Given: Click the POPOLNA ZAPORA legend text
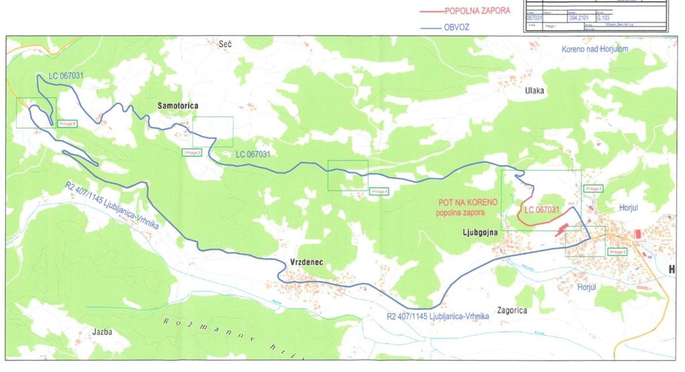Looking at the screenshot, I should point(477,11).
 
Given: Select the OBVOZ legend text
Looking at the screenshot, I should point(457,28).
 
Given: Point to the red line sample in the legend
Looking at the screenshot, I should point(431,11).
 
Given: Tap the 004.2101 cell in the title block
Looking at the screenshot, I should point(579,19).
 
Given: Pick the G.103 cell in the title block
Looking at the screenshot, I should point(603,19).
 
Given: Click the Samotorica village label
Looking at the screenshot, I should point(179,106).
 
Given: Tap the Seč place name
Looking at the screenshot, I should point(225,43).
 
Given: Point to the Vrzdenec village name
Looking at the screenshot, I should point(306,262).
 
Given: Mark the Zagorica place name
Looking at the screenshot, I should point(512,310).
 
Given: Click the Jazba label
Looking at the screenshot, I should point(102,331).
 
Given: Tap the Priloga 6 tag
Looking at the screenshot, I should point(68,123).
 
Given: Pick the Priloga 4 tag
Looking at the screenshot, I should point(379,191).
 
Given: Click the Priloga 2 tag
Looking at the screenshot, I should point(593,189).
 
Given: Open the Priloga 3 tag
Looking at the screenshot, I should point(617,252).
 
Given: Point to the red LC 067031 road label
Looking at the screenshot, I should point(543,209).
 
